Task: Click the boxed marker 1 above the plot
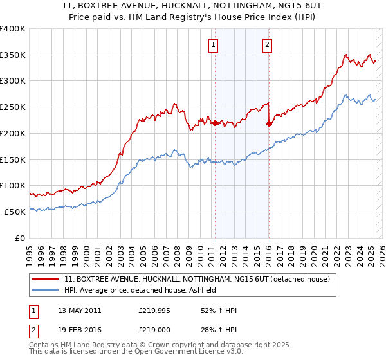click(213, 45)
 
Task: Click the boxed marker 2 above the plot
click(267, 45)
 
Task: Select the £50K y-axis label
click(15, 212)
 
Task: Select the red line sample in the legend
click(46, 279)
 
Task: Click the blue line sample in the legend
click(46, 290)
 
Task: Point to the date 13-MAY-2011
click(79, 310)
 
